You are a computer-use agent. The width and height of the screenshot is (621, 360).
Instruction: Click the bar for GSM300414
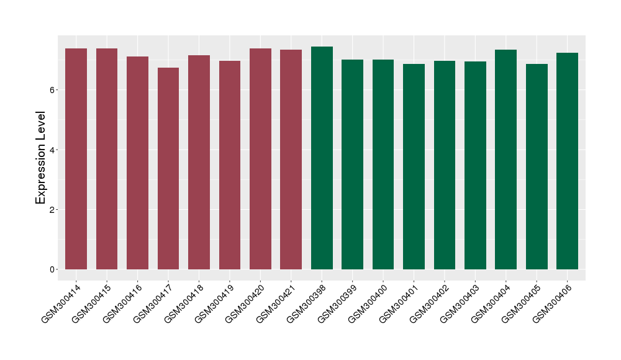76,159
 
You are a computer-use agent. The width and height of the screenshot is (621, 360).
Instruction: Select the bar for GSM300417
168,168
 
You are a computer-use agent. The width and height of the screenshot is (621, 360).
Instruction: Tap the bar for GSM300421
291,160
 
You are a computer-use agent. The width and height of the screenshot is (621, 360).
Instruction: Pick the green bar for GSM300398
322,158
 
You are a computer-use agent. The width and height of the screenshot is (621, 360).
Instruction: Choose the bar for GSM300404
505,160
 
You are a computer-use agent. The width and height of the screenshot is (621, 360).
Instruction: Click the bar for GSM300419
230,165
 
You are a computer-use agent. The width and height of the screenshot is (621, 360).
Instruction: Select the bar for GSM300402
445,165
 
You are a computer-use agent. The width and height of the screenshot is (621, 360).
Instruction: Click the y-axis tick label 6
54,90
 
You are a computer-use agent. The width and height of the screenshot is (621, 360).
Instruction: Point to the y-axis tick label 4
54,150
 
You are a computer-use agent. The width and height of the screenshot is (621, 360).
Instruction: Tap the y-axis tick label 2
54,210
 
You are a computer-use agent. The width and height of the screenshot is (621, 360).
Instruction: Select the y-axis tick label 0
54,269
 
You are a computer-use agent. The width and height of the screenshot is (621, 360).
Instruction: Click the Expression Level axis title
41,158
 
